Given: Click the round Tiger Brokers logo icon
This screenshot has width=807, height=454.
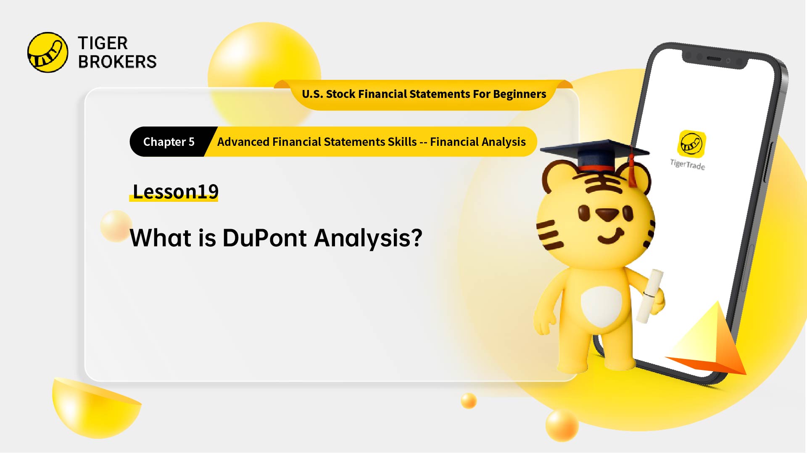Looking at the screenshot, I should (47, 53).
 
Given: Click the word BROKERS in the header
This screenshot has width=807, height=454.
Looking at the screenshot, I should (117, 62).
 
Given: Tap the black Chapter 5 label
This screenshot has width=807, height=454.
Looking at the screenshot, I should (169, 142).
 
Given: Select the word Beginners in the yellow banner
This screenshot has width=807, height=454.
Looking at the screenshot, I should (520, 94).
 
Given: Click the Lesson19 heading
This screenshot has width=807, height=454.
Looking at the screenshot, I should (175, 192).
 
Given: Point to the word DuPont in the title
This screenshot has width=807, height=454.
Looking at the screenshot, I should (264, 238).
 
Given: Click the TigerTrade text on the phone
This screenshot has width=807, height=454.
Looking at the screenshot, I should (688, 164).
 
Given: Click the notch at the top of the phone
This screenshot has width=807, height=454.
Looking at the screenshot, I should (715, 59).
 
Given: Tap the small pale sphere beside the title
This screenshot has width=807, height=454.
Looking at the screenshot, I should (116, 226).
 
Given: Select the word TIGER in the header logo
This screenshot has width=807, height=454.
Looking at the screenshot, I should (103, 43).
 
